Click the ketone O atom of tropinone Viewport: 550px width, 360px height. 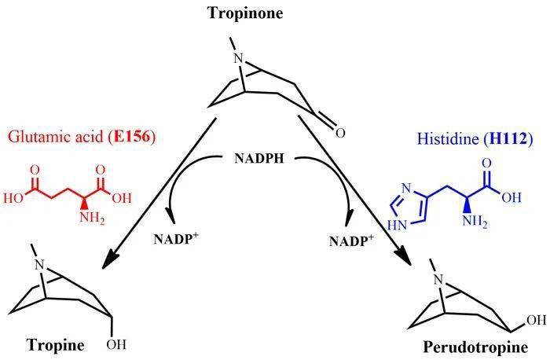point(340,134)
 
